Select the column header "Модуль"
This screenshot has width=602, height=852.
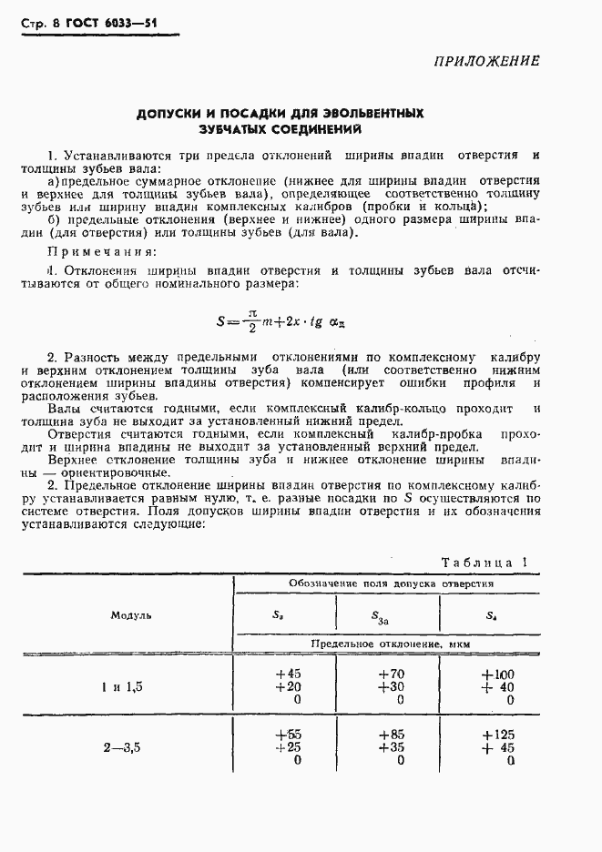coord(130,614)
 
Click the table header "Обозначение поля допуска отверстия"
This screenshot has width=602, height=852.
coord(391,583)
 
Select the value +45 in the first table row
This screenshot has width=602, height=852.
coord(287,674)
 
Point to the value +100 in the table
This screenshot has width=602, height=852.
coord(497,674)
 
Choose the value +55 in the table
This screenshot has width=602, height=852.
coord(287,734)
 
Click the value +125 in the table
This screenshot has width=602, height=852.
coord(497,734)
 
